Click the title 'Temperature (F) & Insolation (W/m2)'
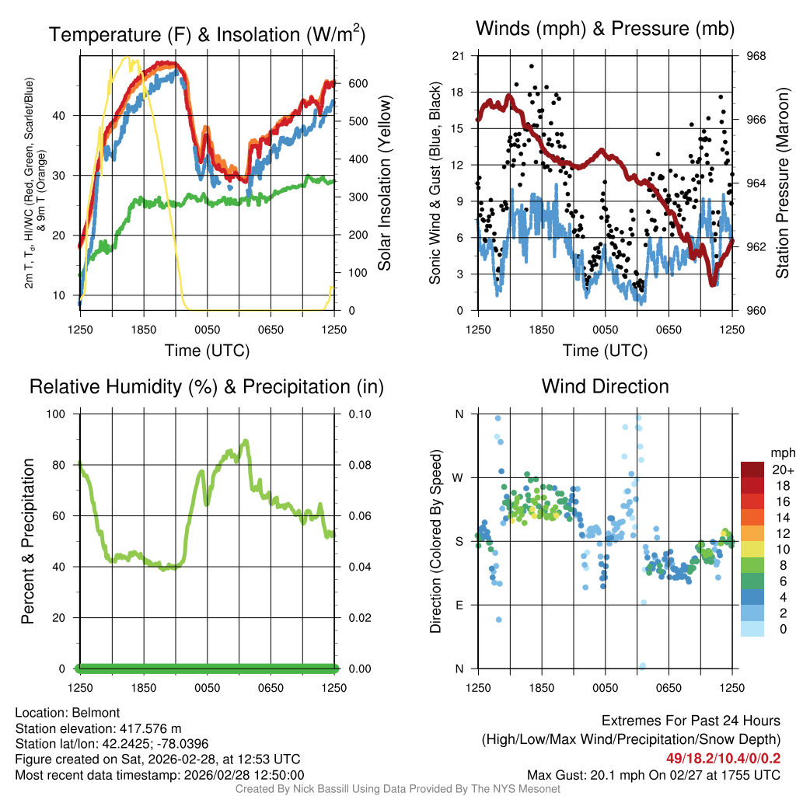click(207, 35)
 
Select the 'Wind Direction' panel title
click(605, 386)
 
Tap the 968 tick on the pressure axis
click(756, 56)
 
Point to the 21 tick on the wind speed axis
click(457, 56)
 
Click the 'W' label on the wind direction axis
click(459, 478)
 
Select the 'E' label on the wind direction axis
click(459, 606)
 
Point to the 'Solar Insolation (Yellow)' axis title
click(384, 183)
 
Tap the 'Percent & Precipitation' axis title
click(27, 541)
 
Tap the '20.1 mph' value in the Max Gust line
click(596, 775)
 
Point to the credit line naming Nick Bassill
click(397, 789)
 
